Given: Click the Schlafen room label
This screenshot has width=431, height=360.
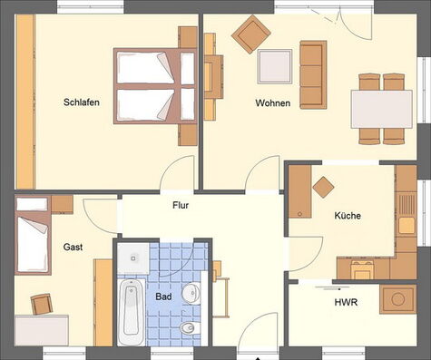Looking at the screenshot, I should click(x=82, y=102).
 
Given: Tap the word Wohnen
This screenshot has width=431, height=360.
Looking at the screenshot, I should click(x=273, y=103).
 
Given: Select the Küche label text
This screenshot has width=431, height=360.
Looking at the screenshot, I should click(x=348, y=216).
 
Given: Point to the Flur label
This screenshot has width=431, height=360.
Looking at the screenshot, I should click(x=181, y=205).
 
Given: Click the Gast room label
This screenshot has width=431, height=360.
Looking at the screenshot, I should click(x=73, y=247).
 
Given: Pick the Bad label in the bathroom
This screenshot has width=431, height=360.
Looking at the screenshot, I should click(x=163, y=297).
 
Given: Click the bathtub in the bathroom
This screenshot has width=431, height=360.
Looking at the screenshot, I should click(x=130, y=311).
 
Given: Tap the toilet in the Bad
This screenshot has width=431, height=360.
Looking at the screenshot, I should click(x=188, y=326).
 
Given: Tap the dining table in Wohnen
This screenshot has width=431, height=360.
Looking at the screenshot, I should click(x=381, y=108).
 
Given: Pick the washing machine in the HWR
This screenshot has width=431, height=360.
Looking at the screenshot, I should click(x=397, y=298).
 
